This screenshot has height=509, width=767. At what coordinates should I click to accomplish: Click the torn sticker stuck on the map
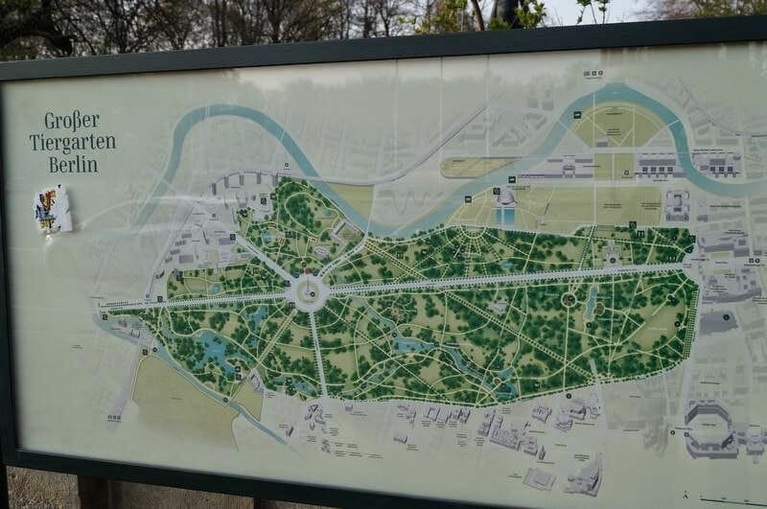(53, 209)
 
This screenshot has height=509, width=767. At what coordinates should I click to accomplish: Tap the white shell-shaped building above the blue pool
(503, 197)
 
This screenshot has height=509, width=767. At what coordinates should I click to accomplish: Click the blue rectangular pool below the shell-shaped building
(505, 217)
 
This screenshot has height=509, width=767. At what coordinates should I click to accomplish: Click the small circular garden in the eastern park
(569, 300)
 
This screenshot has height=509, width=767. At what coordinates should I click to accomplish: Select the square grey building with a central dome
(676, 204)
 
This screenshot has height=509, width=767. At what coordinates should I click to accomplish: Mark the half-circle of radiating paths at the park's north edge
(472, 232)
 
